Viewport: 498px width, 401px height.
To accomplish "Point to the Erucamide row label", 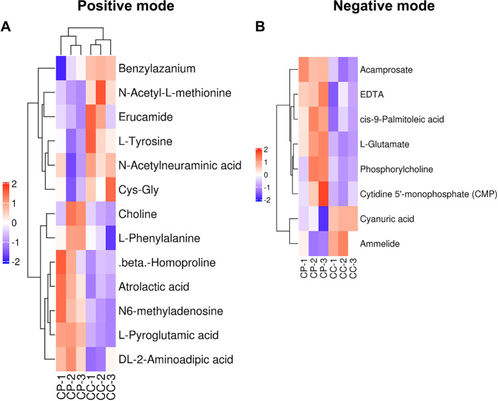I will pos(142,116).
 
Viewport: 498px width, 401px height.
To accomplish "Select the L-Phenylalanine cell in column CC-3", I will pos(109,237).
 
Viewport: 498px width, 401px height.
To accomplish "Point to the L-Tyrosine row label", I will pos(140,140).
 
